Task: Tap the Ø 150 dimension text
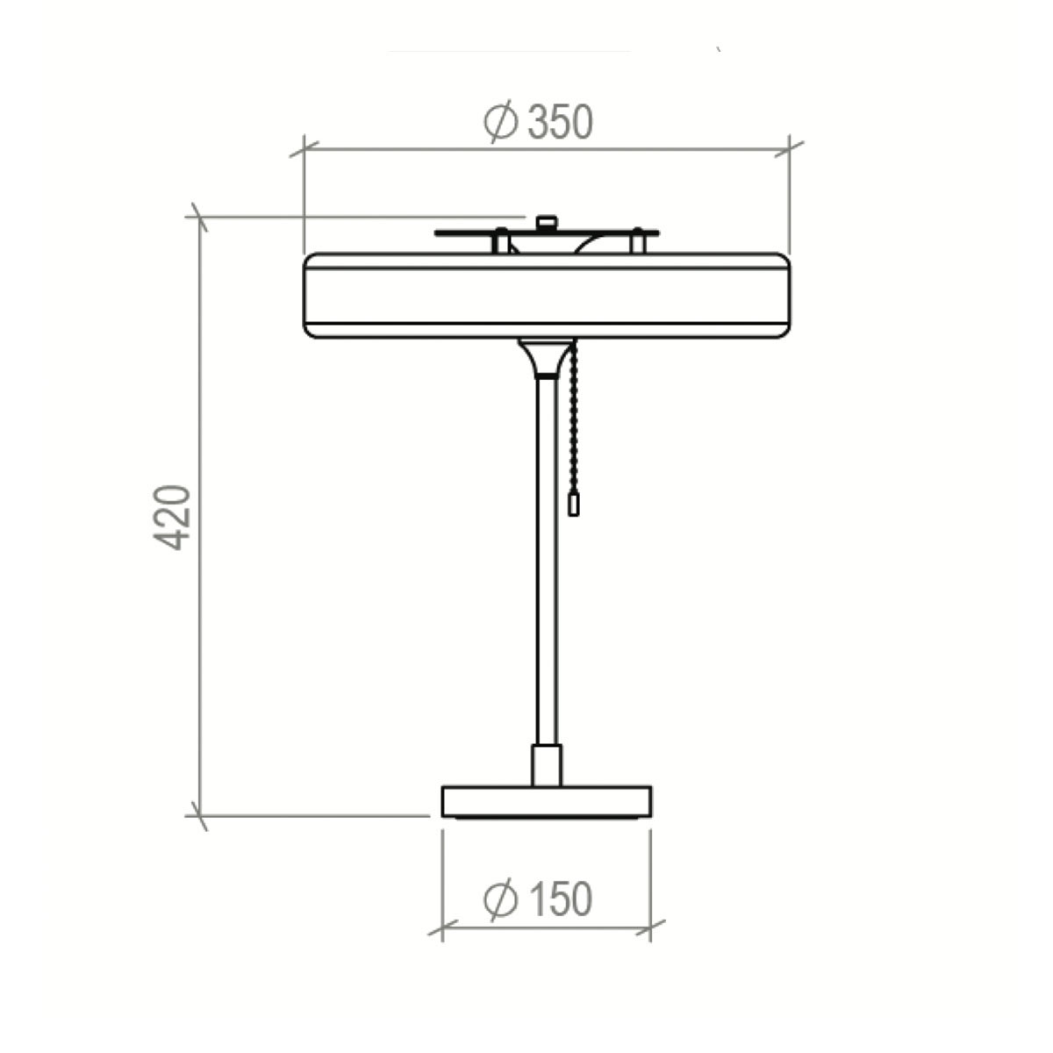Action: (538, 899)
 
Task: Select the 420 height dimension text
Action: (172, 517)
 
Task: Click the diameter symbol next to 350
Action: (501, 122)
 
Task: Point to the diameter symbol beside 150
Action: (500, 899)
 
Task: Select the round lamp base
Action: (546, 801)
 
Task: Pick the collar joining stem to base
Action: (546, 764)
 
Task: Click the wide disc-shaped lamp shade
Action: (546, 295)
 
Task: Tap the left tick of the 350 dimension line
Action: (304, 148)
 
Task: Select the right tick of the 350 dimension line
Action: (790, 148)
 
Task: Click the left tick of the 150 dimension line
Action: (442, 928)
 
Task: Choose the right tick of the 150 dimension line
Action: (650, 928)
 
